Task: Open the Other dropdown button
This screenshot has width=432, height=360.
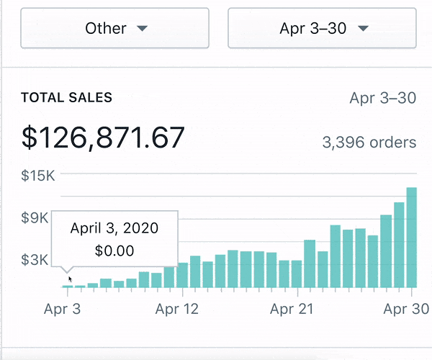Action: coord(114,29)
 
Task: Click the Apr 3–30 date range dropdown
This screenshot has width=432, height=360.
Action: coord(322,29)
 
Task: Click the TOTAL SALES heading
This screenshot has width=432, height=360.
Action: coord(66,98)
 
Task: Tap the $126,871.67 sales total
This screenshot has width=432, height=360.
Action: coord(103,138)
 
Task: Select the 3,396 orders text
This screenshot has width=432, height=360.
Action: coord(369,143)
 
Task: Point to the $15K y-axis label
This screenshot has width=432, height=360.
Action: coord(37,175)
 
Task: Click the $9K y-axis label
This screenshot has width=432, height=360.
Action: coord(35,217)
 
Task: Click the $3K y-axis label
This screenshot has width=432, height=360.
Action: coord(35,260)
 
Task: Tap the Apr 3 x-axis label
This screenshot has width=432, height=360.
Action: coord(62,309)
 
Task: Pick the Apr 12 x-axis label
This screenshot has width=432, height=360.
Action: coord(177,309)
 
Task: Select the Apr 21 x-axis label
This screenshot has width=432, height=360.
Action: coord(292,309)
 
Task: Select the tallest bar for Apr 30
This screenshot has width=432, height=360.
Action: coord(412,238)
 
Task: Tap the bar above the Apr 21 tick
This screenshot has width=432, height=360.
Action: coord(297,274)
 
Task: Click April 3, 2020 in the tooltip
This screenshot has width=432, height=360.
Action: coord(114,228)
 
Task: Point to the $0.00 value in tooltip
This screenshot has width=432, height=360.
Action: coord(114,251)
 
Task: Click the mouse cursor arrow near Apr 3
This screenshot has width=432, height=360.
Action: coord(70,278)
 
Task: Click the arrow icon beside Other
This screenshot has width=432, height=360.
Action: coord(143,29)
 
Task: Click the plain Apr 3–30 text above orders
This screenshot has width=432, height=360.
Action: coord(382,98)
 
